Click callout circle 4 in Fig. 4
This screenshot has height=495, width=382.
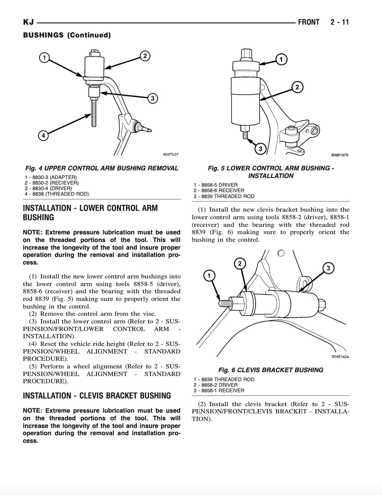click(43, 136)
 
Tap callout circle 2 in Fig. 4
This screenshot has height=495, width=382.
click(145, 56)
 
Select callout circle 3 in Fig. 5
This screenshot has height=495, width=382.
click(260, 149)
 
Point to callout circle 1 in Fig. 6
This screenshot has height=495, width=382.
click(209, 276)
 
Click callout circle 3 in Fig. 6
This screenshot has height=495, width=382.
click(328, 268)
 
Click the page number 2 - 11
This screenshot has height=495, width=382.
click(339, 22)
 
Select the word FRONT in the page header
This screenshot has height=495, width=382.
click(309, 22)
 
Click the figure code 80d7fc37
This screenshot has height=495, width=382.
click(171, 155)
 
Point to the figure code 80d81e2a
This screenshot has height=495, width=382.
click(340, 357)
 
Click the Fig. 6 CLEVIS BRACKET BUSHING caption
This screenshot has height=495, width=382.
click(271, 370)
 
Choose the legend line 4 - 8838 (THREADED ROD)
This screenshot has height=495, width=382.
click(57, 194)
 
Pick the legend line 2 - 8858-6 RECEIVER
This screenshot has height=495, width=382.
click(219, 190)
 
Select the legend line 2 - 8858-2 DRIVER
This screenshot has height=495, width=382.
click(216, 385)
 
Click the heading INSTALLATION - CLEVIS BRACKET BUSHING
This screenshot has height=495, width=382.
click(97, 396)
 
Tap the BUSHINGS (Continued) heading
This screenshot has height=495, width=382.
click(67, 35)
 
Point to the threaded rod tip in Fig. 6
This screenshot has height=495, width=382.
click(225, 304)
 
